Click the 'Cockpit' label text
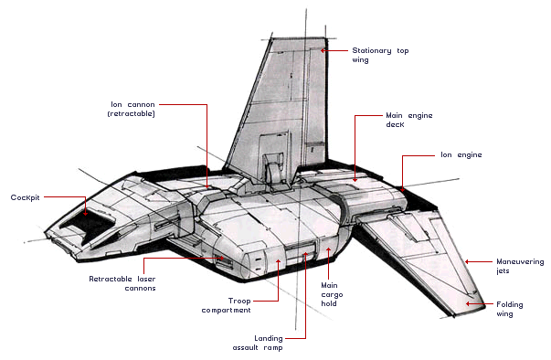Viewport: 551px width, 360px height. tap(25, 197)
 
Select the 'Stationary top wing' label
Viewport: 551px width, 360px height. tap(380, 55)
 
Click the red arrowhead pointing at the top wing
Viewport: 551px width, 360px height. tap(323, 50)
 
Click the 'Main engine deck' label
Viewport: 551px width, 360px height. tap(409, 120)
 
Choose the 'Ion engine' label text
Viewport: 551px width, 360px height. tap(461, 155)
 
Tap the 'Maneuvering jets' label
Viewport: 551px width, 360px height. tap(520, 266)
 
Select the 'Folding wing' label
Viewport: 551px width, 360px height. tap(510, 309)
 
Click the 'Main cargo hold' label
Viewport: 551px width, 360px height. tap(332, 294)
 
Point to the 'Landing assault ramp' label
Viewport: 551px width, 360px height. tap(258, 343)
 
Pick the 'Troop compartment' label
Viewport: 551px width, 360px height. tap(227, 305)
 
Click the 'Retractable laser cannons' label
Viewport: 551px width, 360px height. tap(122, 283)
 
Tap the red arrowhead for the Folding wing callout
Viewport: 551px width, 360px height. tap(468, 303)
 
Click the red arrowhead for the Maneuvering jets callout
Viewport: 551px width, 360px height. tap(467, 261)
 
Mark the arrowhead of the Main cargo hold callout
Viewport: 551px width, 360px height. tap(329, 249)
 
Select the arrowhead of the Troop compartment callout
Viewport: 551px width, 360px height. tap(279, 261)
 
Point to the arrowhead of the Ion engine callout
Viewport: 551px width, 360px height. tap(402, 189)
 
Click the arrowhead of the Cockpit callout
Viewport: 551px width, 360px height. tap(85, 213)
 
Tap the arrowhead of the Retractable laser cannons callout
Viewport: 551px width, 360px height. tap(222, 259)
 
